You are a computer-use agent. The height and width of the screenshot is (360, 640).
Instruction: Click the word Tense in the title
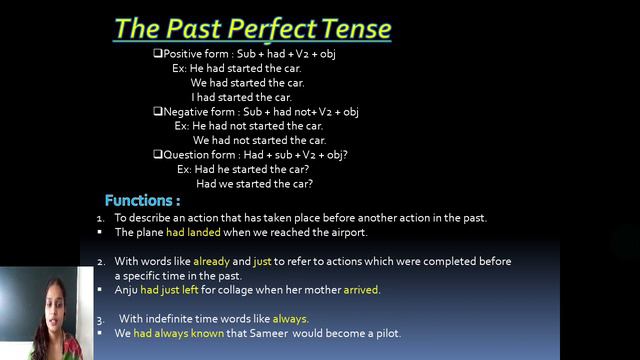[351, 28]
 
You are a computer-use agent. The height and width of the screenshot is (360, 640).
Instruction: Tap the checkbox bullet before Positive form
[157, 53]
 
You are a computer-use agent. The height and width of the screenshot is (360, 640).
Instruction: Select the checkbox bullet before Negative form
[157, 112]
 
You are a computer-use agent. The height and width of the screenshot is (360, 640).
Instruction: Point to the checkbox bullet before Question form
[157, 155]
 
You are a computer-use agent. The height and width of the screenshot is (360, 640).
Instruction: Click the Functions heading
[142, 200]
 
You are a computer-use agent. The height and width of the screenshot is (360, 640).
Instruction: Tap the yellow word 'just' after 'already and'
[263, 261]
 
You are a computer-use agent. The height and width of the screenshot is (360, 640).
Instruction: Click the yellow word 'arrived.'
[361, 290]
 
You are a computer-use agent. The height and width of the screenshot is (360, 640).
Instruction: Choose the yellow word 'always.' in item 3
[290, 319]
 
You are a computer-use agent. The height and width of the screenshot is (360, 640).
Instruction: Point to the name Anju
[126, 290]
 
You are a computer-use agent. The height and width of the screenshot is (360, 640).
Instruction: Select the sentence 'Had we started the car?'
[254, 184]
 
